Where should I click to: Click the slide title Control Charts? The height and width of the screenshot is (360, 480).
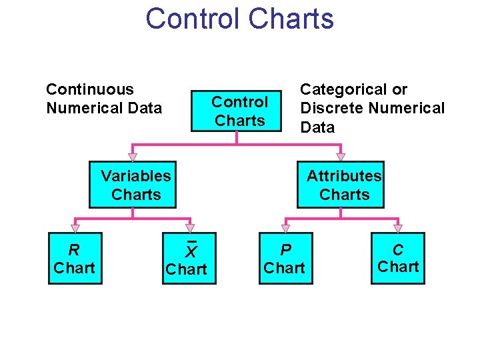coord(239,19)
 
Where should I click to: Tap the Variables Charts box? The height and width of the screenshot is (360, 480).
coord(133,185)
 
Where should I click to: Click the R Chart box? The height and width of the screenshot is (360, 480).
coord(75,259)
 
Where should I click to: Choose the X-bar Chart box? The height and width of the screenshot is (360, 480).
coord(189,259)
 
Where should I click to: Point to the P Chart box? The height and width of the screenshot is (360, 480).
coord(284,259)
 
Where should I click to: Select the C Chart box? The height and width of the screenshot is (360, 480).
coord(397,259)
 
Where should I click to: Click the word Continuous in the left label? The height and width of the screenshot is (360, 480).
coord(89,89)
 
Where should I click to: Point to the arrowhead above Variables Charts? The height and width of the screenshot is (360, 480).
coord(133,157)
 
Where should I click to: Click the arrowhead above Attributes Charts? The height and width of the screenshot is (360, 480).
coord(341,157)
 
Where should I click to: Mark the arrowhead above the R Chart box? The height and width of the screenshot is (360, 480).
coord(75,229)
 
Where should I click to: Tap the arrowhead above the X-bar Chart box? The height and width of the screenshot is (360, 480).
coord(190,229)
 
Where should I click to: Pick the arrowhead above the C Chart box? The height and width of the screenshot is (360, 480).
coord(398,229)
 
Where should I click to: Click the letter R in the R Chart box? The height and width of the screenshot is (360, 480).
coord(74,251)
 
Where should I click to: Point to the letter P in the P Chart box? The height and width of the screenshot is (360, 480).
coord(285,250)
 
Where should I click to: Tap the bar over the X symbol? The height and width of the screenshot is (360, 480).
coord(191,241)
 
